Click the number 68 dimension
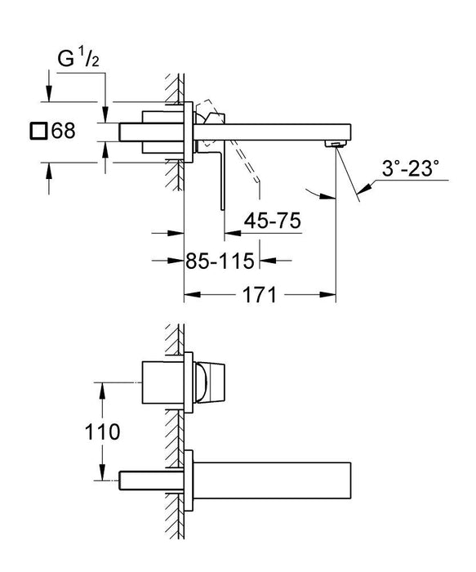tap(63, 131)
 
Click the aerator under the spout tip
tap(332, 144)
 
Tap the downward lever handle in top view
tap(218, 176)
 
